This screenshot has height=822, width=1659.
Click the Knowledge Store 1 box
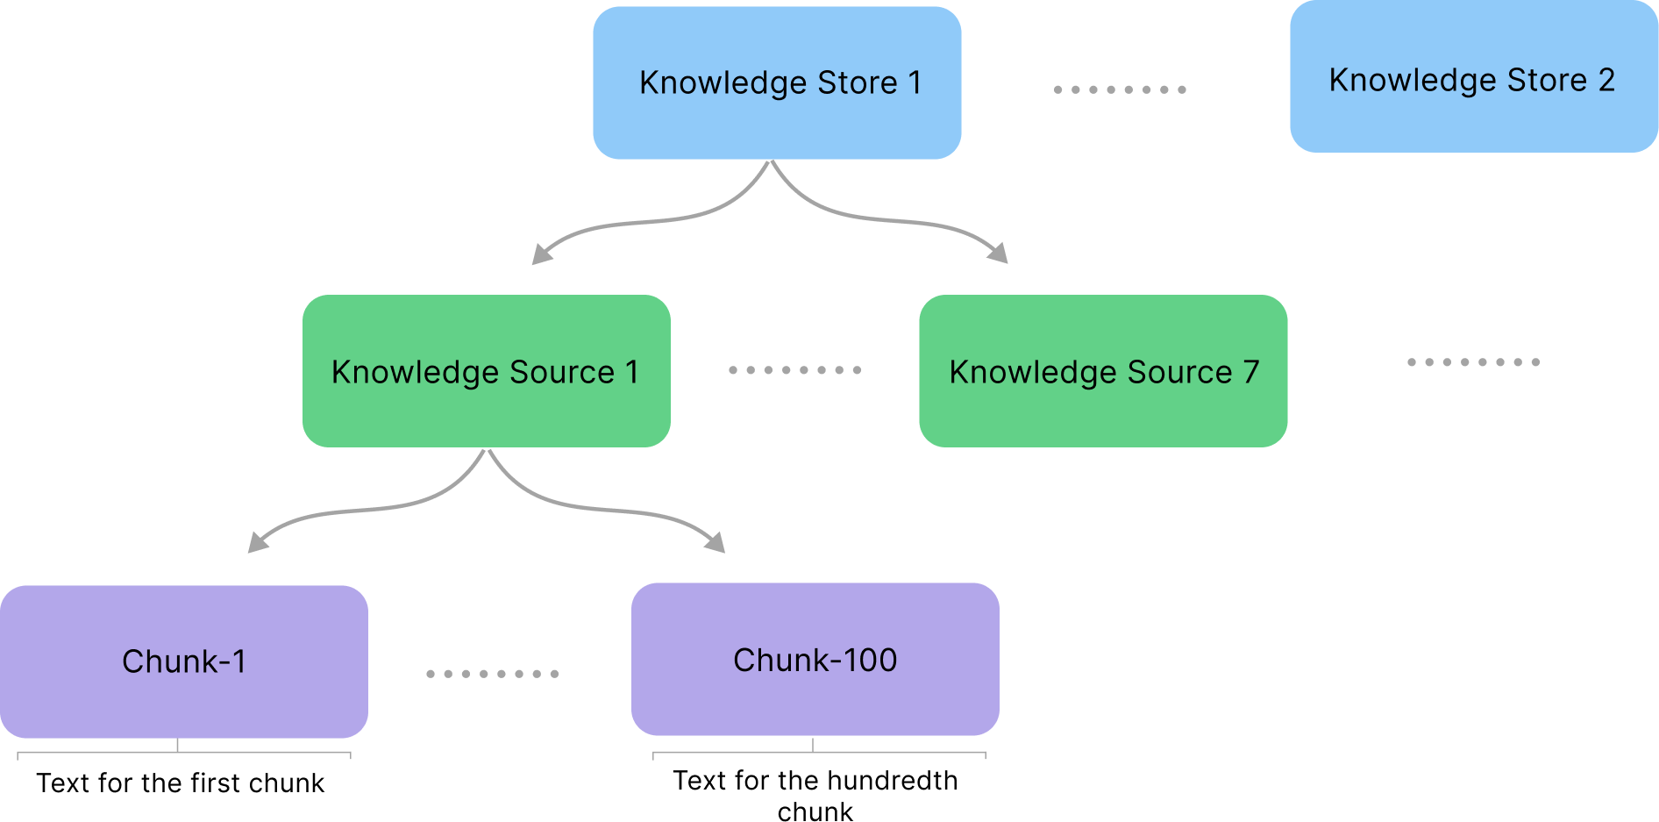coord(777,82)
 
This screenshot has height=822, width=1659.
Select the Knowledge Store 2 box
coord(1474,76)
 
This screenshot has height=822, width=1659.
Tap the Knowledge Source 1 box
coord(487,371)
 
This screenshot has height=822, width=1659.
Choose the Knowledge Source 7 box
coord(1103,371)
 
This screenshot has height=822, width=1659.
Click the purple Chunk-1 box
coord(184,661)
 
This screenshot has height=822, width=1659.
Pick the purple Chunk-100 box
coord(815,659)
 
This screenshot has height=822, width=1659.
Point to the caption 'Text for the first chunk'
coord(181,783)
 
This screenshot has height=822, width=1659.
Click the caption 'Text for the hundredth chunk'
coord(815,796)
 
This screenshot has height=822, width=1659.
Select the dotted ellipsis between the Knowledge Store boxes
coord(1120,89)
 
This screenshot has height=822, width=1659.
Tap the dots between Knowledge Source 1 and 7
coord(795,370)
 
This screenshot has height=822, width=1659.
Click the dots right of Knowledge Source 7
coord(1474,362)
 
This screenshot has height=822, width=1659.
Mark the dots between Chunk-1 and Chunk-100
coord(493,674)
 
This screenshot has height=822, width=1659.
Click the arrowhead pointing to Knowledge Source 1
coord(542,254)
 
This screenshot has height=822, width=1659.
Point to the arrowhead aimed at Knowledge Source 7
coord(998,253)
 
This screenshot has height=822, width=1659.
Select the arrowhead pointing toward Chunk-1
coord(258,542)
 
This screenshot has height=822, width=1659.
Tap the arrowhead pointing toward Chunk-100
coord(716,542)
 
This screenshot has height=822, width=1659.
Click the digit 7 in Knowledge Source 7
coord(1251,371)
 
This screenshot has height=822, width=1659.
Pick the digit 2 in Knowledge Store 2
coord(1606,80)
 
